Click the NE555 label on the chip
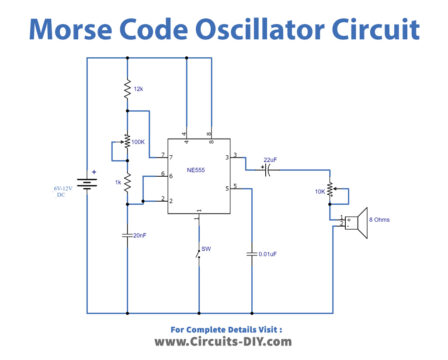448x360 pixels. (x=198, y=172)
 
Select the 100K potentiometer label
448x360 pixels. (x=140, y=142)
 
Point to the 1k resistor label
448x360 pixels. (x=116, y=182)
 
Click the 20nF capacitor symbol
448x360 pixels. (x=128, y=235)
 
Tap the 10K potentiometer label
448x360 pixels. (x=319, y=191)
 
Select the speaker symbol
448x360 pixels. (x=354, y=226)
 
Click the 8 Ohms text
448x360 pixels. (x=383, y=218)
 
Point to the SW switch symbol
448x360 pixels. (x=198, y=261)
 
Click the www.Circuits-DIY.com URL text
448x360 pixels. (x=224, y=342)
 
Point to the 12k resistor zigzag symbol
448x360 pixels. (x=128, y=91)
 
